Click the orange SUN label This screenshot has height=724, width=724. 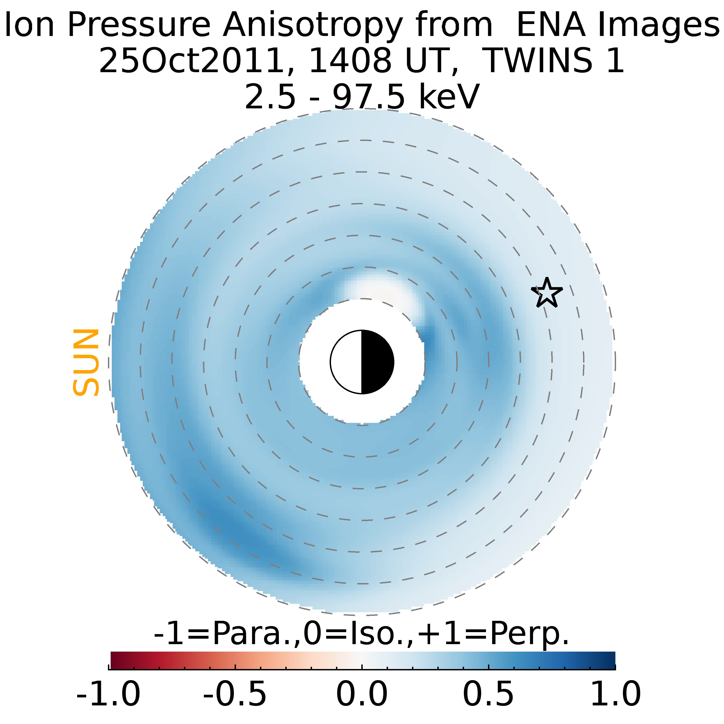point(86,362)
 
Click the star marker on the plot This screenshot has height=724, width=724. point(547,293)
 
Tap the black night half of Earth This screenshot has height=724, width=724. point(377,362)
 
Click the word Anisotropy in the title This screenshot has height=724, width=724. point(312,26)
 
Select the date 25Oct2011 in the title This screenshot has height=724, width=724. point(191,61)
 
